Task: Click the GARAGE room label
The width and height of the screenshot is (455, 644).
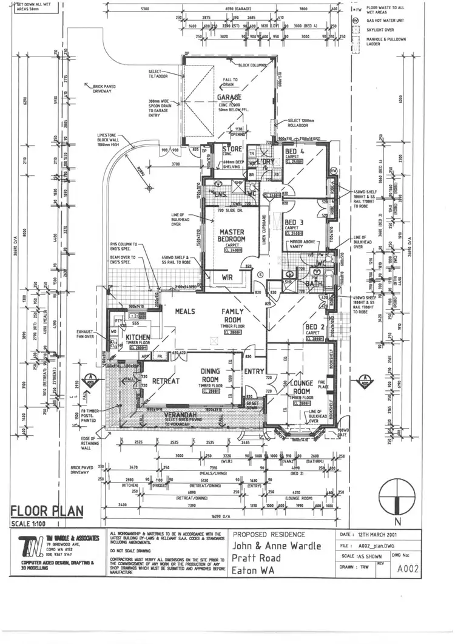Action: [x=230, y=97]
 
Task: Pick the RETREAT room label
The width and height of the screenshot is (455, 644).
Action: [x=166, y=381]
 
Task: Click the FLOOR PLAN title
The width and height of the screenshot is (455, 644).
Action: [x=47, y=511]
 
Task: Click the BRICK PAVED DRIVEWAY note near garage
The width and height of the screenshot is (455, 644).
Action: [x=104, y=89]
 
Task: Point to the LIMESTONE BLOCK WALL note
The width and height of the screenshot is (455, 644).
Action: [x=110, y=139]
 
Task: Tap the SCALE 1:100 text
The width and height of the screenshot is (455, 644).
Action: [x=31, y=523]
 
